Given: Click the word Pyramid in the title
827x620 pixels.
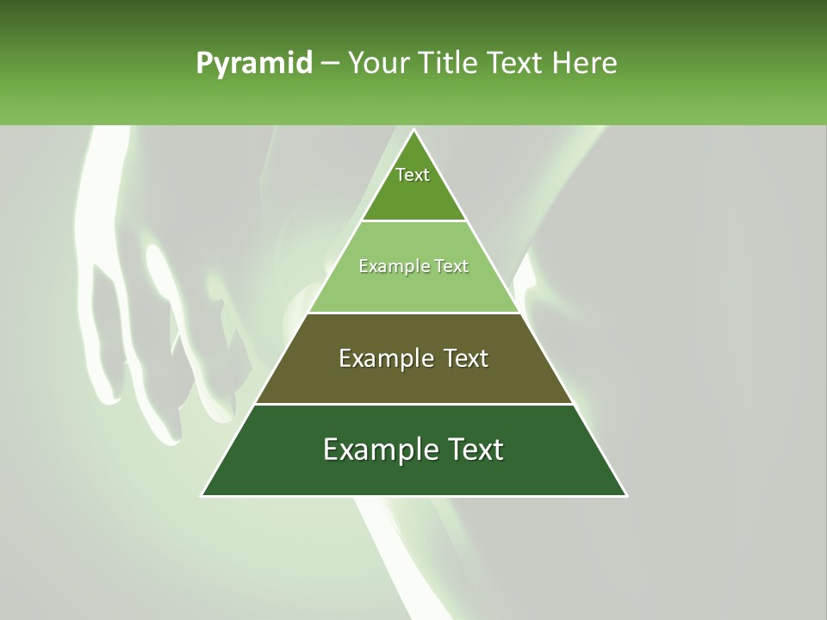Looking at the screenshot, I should [254, 64].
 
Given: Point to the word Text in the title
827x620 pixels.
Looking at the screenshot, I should [515, 63].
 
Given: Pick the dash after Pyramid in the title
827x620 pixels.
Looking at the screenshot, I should [330, 64].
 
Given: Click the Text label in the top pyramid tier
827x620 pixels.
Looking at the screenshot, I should [413, 175].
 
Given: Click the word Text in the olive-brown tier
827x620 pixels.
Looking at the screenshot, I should [466, 358].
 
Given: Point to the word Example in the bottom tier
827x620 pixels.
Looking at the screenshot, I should [376, 449].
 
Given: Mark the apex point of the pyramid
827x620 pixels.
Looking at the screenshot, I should [413, 130].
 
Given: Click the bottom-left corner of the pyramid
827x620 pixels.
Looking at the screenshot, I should [202, 496].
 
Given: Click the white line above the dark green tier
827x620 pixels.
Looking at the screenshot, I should [413, 404].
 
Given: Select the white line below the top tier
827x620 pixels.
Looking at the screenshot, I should [413, 221].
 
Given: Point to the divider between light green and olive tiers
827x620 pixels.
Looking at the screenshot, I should [413, 313].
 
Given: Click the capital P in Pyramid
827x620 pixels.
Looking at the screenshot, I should [204, 64].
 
